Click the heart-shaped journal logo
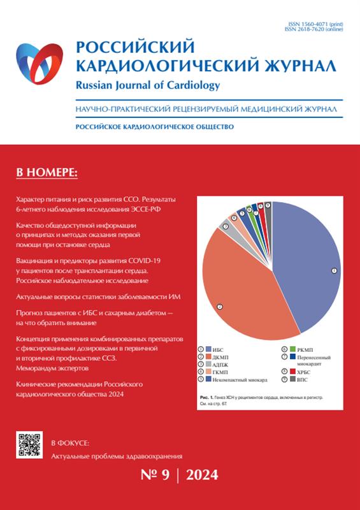pyautogui.click(x=40, y=63)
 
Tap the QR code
pyautogui.click(x=29, y=444)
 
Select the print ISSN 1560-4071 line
pyautogui.click(x=315, y=24)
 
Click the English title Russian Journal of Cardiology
pyautogui.click(x=148, y=85)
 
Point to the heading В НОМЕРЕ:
pyautogui.click(x=47, y=173)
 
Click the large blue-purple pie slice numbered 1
pyautogui.click(x=306, y=263)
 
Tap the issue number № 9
pyautogui.click(x=155, y=475)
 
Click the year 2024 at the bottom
pyautogui.click(x=202, y=475)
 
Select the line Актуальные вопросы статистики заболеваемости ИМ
pyautogui.click(x=98, y=297)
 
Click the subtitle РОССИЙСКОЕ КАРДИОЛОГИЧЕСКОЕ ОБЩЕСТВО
pyautogui.click(x=154, y=127)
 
